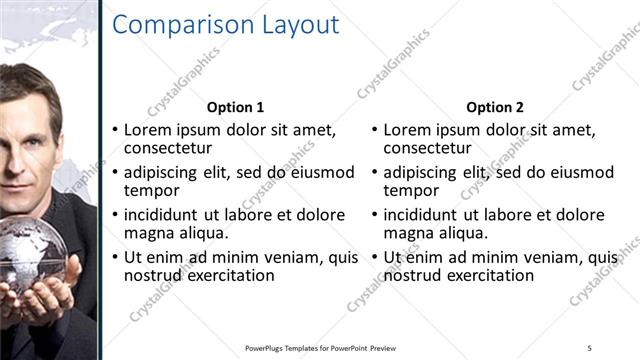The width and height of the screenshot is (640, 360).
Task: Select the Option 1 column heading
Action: (x=235, y=107)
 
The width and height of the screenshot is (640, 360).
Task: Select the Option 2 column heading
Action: (x=494, y=107)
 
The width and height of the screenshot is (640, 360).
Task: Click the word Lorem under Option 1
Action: (x=146, y=130)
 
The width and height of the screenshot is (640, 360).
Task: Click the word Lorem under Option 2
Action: (x=407, y=130)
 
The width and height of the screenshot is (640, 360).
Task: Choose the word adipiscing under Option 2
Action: (x=420, y=172)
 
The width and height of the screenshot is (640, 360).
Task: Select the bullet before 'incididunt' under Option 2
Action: (x=375, y=215)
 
